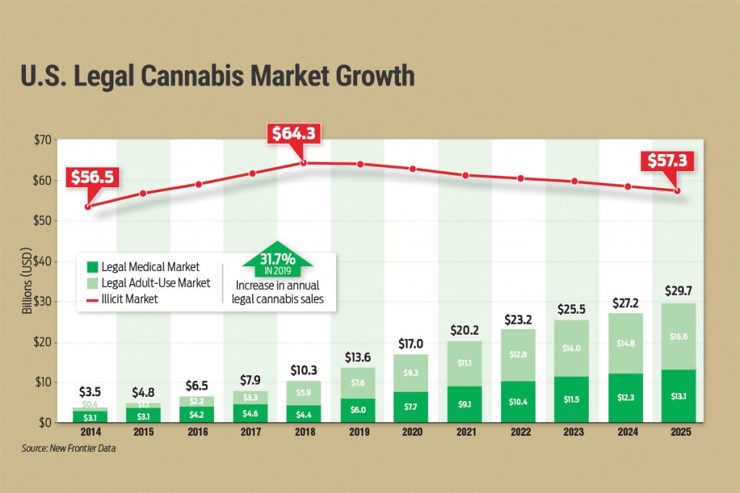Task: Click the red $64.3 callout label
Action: point(294,135)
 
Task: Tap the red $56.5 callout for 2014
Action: point(90,177)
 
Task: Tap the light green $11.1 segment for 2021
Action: point(465,362)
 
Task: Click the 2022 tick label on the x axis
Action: point(518,433)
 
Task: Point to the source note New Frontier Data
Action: point(69,449)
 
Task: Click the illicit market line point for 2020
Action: point(412,169)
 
